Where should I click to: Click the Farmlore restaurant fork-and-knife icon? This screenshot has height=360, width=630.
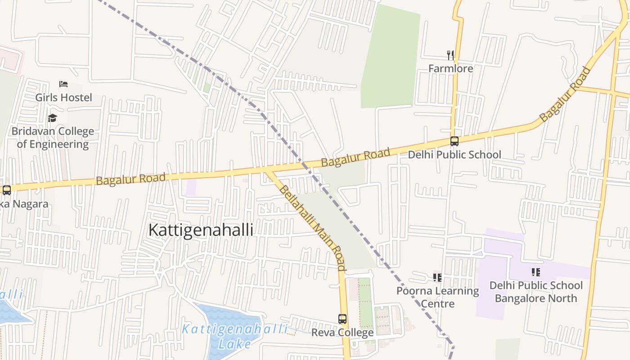coord(450,55)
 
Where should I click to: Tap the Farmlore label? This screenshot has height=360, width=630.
coord(450,68)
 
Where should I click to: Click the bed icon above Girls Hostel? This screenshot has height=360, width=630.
coord(63,84)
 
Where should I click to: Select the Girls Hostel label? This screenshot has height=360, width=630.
coord(63,97)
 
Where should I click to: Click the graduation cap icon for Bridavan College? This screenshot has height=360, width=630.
coord(53,118)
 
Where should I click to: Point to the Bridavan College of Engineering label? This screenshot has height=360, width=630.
coord(53,138)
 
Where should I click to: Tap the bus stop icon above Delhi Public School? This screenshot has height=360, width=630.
coord(454,141)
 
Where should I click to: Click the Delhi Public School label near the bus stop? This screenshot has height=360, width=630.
coord(454,155)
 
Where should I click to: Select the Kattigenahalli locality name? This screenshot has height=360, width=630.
coord(201,230)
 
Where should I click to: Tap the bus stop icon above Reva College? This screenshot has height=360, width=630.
coord(342,319)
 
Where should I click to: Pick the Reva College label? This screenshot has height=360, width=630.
coord(342,333)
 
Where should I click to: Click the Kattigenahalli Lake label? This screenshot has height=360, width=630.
coord(234,336)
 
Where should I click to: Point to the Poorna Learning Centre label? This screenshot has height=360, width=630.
coord(438,297)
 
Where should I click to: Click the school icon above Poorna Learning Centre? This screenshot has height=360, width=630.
coord(437,277)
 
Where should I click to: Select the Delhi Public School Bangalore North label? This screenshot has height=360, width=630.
coord(535,292)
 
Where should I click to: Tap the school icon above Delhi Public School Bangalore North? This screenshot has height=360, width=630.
coord(535,272)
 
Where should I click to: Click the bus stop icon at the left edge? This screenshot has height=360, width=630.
coord(6,190)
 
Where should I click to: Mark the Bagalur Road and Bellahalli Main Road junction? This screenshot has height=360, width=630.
coord(269,171)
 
